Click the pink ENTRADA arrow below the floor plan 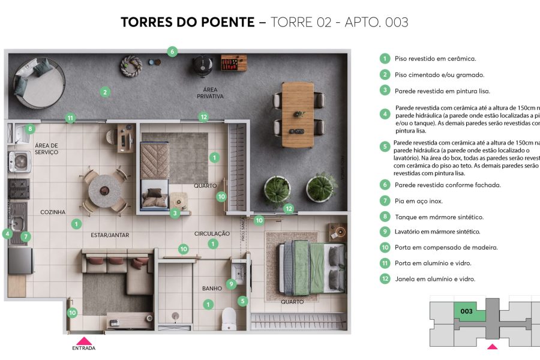tap(83, 340)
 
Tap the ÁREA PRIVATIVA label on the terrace tap(210, 93)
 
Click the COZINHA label tap(53, 212)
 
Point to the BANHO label tap(212, 289)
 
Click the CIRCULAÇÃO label tap(212, 233)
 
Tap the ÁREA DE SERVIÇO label tap(46, 149)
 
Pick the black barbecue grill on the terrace tap(200, 63)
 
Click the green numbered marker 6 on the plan tap(172, 52)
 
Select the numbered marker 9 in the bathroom tap(231, 283)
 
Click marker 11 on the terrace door tap(70, 118)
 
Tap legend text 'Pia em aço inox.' tap(418, 201)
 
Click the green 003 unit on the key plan tap(467, 311)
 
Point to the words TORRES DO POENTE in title tap(187, 23)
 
